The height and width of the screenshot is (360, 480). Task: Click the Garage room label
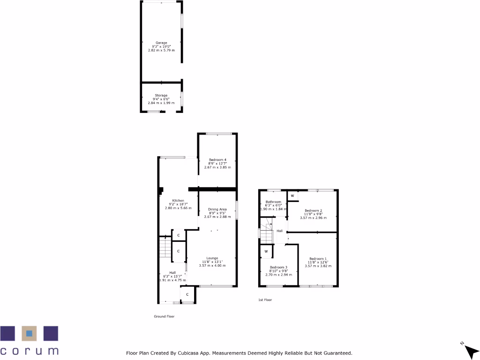161,43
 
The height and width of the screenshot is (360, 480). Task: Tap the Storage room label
161,95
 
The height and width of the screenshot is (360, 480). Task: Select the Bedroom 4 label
217,160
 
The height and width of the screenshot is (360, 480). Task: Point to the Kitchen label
178,201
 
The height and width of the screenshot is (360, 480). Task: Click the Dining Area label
217,209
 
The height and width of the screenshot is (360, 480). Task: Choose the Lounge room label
212,258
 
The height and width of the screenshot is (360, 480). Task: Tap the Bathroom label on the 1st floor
272,201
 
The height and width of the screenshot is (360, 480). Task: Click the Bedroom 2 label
313,210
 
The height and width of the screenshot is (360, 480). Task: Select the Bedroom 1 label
318,259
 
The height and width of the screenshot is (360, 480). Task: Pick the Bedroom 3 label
278,267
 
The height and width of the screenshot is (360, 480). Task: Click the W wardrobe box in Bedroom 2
292,195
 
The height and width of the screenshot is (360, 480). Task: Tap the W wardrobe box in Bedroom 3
266,252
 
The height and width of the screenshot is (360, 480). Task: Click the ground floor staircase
165,247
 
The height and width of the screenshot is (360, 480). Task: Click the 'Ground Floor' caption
164,316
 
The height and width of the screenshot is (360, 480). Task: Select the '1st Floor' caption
265,300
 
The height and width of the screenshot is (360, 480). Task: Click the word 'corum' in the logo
29,351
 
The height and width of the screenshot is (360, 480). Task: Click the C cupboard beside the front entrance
187,294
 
